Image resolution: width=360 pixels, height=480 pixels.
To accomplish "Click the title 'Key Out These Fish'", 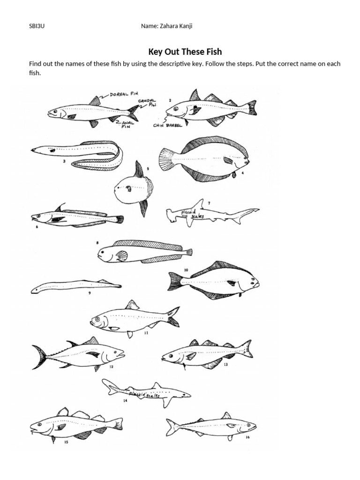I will (185, 52).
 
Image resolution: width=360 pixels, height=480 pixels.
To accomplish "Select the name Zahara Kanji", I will (167, 26).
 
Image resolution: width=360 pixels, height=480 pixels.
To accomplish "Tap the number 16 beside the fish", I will (247, 437).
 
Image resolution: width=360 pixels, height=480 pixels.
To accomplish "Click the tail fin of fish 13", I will (245, 349).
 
